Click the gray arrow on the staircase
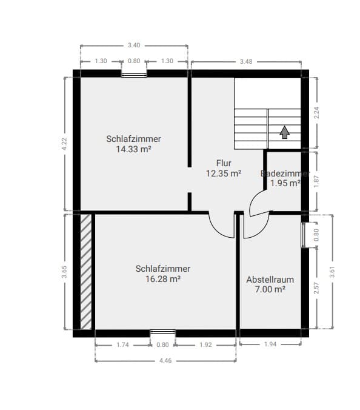(x=284, y=132)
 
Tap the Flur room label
(x=224, y=163)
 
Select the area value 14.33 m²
(x=133, y=149)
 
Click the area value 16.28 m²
(x=163, y=279)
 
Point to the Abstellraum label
(x=270, y=280)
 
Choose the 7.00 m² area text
(x=270, y=290)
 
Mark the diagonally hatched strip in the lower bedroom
(x=86, y=271)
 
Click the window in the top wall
(x=134, y=74)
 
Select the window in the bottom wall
(x=162, y=332)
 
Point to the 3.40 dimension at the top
(x=134, y=45)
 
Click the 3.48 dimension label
(x=246, y=61)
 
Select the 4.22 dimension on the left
(x=65, y=144)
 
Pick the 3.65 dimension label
(x=64, y=272)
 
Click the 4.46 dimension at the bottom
(x=165, y=360)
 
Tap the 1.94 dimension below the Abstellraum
(x=270, y=344)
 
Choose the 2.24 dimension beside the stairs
(x=316, y=113)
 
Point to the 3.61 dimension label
(x=332, y=272)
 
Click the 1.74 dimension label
(x=122, y=344)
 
